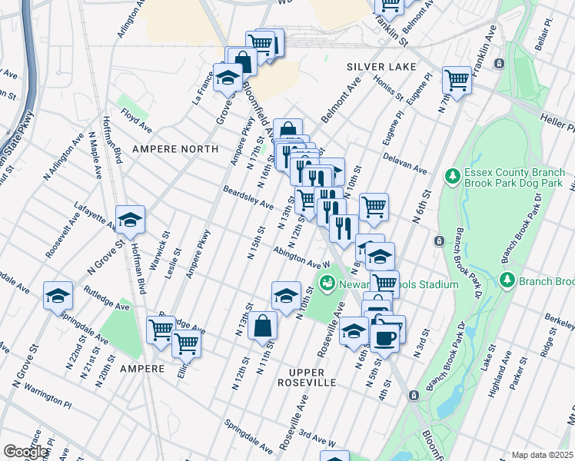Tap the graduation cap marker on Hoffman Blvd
click(x=131, y=221)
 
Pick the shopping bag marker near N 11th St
click(x=262, y=325)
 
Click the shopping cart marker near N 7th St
click(x=457, y=79)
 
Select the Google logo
click(x=25, y=452)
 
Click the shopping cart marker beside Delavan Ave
click(x=374, y=205)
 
